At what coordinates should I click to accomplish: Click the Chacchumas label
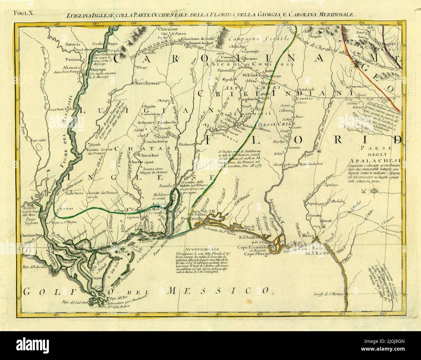(x=146, y=83)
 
